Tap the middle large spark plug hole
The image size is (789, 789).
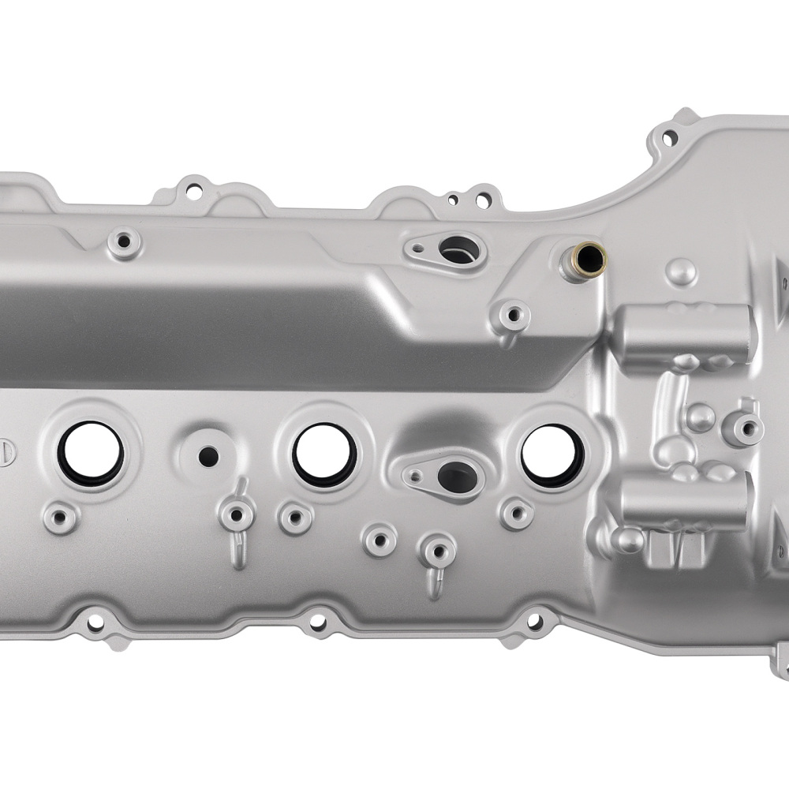(324, 454)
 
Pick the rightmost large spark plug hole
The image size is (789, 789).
(550, 455)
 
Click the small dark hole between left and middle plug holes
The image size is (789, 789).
(208, 454)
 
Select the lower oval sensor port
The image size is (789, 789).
(451, 476)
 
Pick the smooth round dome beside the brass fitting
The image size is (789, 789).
(681, 271)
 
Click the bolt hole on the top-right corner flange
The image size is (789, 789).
(670, 138)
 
